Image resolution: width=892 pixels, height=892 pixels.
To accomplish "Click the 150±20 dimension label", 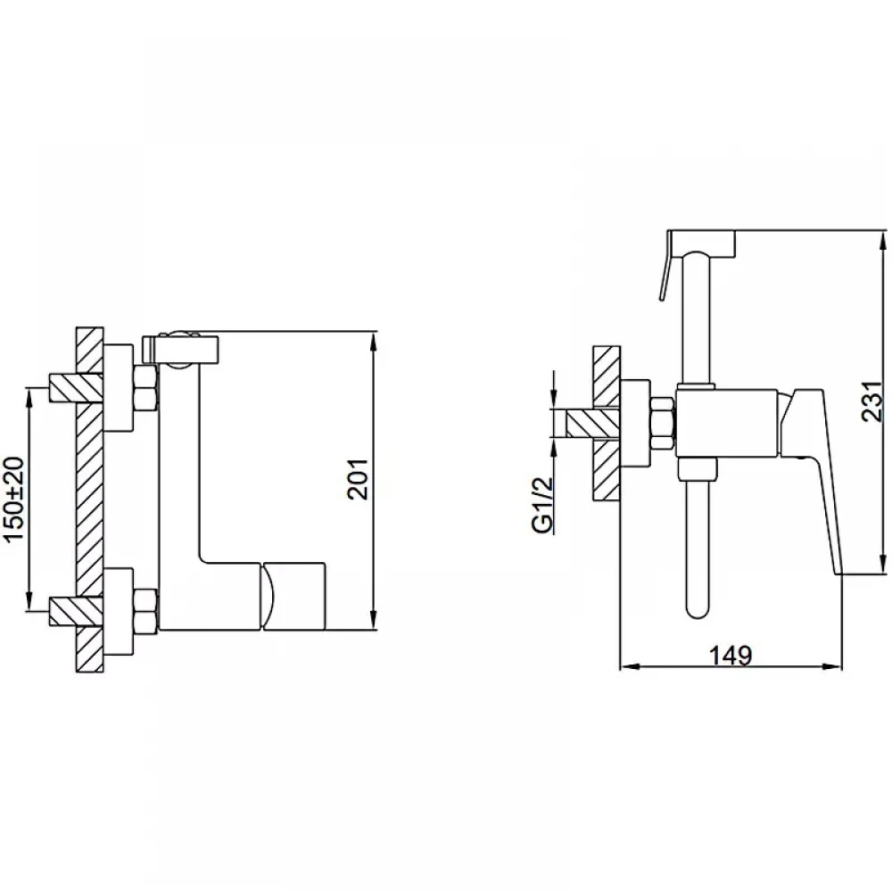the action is point(16,499).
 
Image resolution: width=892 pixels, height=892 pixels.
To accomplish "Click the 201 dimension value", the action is point(358,479).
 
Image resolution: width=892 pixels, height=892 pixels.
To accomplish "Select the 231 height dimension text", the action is point(872,401).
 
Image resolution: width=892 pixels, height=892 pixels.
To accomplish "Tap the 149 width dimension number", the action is point(731,656).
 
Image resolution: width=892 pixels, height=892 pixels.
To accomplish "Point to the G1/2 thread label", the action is point(543,505).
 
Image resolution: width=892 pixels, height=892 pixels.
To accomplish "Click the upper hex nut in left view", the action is point(145,389).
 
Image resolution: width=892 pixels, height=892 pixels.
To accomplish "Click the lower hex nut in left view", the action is point(145,610).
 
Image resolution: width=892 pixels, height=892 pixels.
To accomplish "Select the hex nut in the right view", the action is point(662,425).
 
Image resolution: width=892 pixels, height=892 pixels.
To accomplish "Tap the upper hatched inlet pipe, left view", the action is point(76,388).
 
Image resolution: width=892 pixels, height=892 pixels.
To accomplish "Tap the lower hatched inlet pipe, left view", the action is point(76,611).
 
